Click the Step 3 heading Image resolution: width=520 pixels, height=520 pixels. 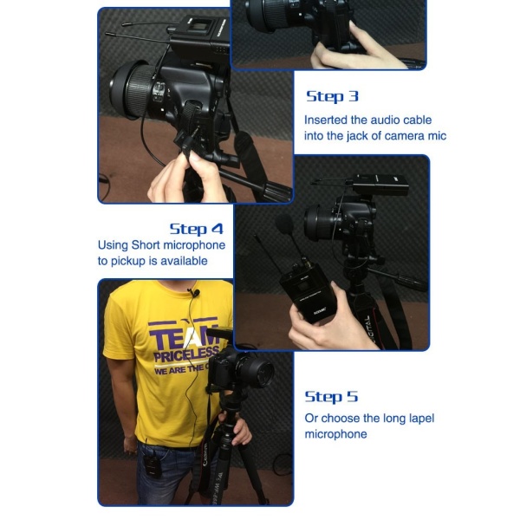click(x=332, y=96)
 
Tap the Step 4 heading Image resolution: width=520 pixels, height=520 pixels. click(x=196, y=229)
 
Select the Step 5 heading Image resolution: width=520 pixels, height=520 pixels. click(x=331, y=397)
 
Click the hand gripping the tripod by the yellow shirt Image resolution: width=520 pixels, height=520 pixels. click(x=237, y=428)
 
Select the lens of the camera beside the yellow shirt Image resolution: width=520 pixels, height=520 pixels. click(x=257, y=373)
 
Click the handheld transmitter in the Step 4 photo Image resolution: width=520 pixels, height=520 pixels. click(x=314, y=296)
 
